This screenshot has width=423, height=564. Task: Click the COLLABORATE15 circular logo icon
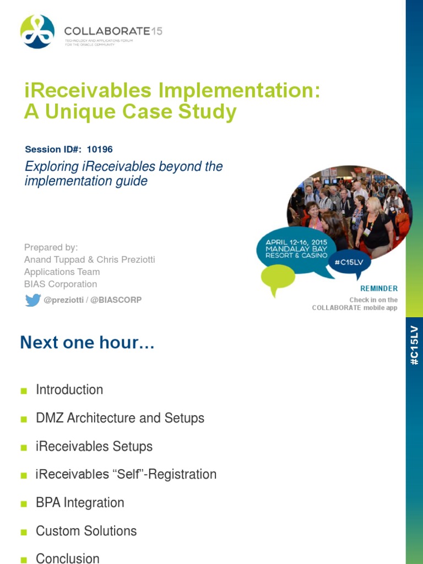click(x=37, y=31)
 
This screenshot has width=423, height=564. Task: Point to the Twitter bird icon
click(x=32, y=300)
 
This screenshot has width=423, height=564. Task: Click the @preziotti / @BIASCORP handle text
click(x=93, y=300)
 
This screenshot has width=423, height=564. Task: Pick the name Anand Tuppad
click(x=52, y=259)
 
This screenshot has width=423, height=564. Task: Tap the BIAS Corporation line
click(x=61, y=284)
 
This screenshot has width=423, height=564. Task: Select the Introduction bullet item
click(x=69, y=390)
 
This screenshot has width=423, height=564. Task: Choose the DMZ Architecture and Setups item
click(x=120, y=418)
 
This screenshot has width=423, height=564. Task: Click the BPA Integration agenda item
click(x=80, y=503)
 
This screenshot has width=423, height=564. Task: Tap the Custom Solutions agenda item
click(x=86, y=531)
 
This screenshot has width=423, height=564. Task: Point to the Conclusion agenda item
click(x=68, y=557)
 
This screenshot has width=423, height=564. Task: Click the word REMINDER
click(x=379, y=289)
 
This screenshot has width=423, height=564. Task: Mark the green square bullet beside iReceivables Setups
click(x=24, y=447)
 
